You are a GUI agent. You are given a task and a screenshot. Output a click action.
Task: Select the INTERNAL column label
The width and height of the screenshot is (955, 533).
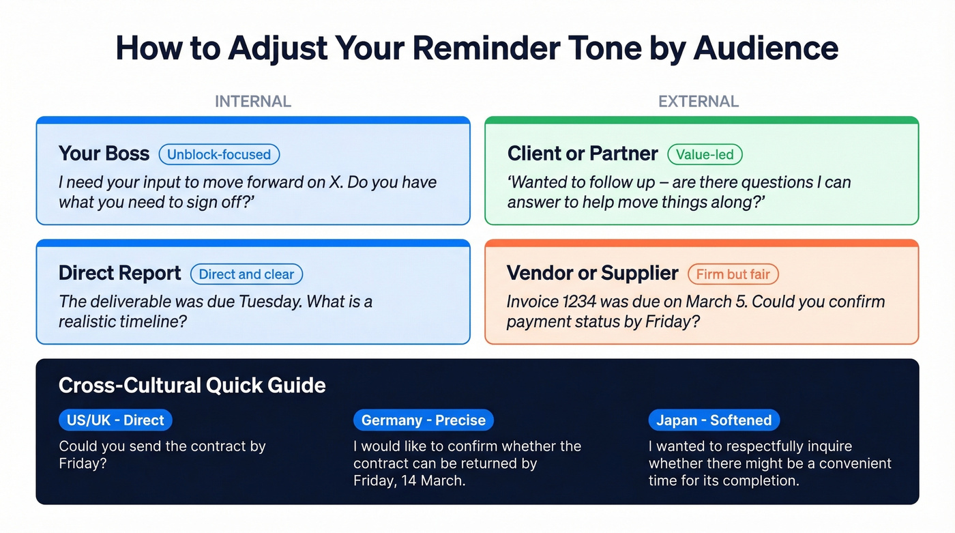pyautogui.click(x=253, y=102)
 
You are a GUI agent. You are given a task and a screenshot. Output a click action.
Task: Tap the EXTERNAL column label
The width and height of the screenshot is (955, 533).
pyautogui.click(x=698, y=102)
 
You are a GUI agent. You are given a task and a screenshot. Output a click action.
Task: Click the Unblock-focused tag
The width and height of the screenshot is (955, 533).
pyautogui.click(x=219, y=154)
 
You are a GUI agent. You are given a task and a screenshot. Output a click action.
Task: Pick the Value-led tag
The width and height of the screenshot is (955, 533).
pyautogui.click(x=705, y=154)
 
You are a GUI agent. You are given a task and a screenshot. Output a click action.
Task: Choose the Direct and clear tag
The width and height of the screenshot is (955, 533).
pyautogui.click(x=246, y=274)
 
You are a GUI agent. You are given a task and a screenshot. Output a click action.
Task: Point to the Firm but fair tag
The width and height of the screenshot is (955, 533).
pyautogui.click(x=733, y=274)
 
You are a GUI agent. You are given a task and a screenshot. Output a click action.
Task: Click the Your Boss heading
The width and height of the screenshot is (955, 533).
pyautogui.click(x=104, y=154)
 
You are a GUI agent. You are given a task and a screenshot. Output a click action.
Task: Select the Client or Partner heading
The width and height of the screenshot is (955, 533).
pyautogui.click(x=583, y=154)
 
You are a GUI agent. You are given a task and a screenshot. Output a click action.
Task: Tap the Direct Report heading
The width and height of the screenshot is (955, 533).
pyautogui.click(x=120, y=274)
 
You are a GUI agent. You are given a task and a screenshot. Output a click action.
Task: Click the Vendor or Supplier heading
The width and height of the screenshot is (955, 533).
pyautogui.click(x=592, y=274)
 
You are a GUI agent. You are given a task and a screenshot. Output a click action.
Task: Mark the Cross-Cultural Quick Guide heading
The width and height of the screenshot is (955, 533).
pyautogui.click(x=192, y=386)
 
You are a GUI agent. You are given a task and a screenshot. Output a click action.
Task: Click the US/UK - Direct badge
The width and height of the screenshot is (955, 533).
pyautogui.click(x=115, y=420)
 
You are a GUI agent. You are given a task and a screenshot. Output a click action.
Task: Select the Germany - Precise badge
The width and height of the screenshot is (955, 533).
pyautogui.click(x=423, y=420)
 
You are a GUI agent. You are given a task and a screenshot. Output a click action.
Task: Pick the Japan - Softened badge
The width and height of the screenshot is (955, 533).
pyautogui.click(x=714, y=420)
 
